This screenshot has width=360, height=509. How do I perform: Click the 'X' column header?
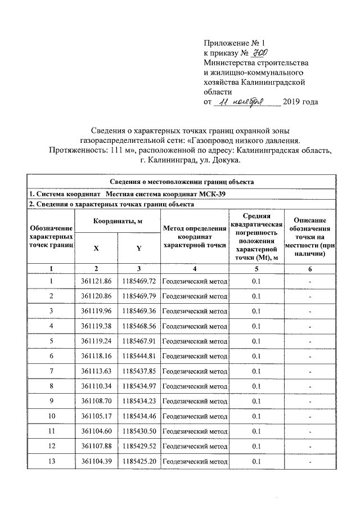pos(96,248)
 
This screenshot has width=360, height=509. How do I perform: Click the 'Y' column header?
pos(138,248)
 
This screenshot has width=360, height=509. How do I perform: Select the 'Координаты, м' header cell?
pos(117,222)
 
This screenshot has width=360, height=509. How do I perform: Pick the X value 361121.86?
pos(96,281)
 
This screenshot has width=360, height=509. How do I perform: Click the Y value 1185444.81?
pos(138,356)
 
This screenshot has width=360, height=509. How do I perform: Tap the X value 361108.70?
pos(96,401)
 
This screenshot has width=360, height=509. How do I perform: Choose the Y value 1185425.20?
pos(138,461)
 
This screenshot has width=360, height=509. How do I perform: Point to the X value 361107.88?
pos(96,446)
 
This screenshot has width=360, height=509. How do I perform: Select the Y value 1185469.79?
pos(138,296)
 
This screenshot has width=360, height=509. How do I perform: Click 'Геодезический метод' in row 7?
pos(195,371)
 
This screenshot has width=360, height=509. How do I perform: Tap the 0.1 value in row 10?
pos(256,416)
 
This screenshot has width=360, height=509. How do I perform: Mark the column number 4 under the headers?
pos(195,268)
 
